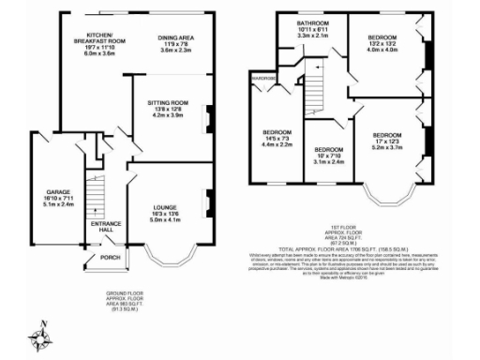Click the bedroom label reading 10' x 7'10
coord(330,150)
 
